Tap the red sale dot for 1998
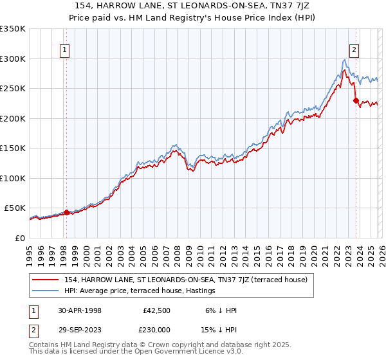(x=66, y=212)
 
